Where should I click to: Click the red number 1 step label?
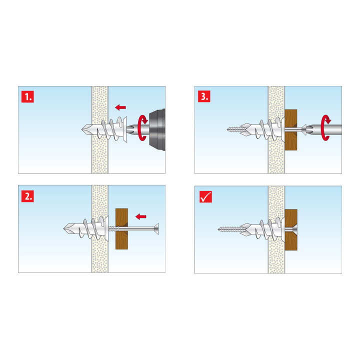[27, 96]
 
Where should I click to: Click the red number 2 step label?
[27, 196]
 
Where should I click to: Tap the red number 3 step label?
[204, 96]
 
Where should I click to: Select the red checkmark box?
[205, 197]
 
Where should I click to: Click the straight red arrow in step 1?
[120, 107]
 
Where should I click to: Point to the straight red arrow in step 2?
[140, 216]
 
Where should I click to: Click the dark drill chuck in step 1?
[157, 129]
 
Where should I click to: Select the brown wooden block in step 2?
[121, 229]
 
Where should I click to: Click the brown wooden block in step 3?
[291, 130]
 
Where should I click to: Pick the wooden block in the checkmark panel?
[291, 230]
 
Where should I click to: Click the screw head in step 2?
[156, 229]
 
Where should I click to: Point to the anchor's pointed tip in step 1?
[82, 129]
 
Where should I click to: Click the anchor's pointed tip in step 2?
[64, 228]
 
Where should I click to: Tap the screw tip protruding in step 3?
[227, 129]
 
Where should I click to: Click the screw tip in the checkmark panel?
[218, 229]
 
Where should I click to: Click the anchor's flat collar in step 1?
[125, 129]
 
